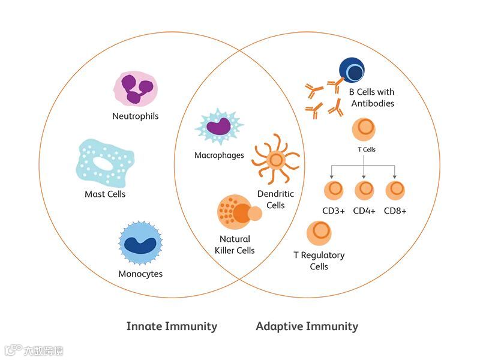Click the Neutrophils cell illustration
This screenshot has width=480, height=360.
pyautogui.click(x=136, y=88)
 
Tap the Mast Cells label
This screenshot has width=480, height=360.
pyautogui.click(x=105, y=194)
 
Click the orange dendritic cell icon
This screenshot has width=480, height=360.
pyautogui.click(x=275, y=160)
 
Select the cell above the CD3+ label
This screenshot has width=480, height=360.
pyautogui.click(x=334, y=190)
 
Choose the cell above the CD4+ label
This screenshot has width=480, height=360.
pyautogui.click(x=364, y=190)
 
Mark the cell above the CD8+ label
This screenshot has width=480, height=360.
pyautogui.click(x=395, y=190)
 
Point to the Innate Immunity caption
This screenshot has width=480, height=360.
pyautogui.click(x=172, y=326)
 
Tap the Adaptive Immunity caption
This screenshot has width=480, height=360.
pyautogui.click(x=307, y=326)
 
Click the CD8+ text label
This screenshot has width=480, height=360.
pyautogui.click(x=395, y=211)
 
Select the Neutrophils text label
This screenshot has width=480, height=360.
pyautogui.click(x=136, y=116)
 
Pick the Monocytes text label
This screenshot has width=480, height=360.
pyautogui.click(x=140, y=274)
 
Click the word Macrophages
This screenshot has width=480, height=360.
pyautogui.click(x=219, y=155)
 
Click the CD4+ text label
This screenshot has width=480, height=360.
pyautogui.click(x=364, y=211)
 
